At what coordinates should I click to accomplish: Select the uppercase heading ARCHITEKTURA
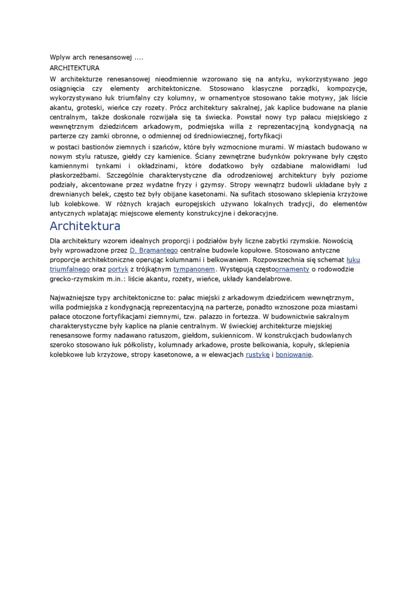point(74,68)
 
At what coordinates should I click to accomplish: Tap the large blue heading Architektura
point(85,226)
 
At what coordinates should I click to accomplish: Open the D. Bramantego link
point(154,250)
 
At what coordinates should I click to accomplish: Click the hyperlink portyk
point(118,269)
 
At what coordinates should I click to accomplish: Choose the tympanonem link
point(194,269)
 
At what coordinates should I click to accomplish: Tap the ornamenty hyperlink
point(293,269)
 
